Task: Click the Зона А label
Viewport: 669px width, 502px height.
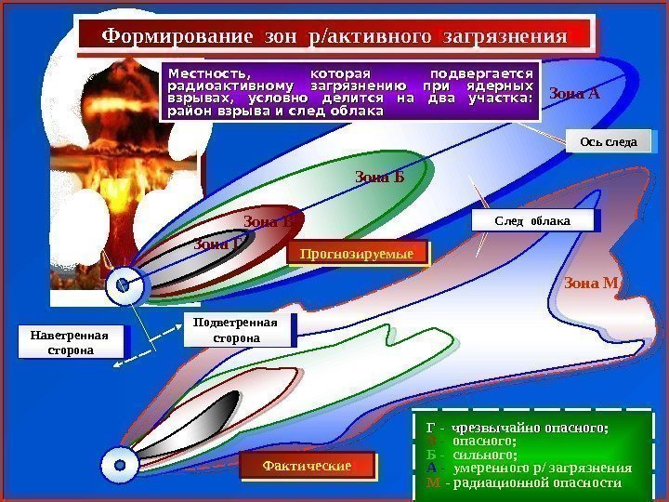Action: [575, 93]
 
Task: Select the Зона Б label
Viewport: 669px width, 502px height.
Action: [380, 177]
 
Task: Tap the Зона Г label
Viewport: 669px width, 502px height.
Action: [219, 244]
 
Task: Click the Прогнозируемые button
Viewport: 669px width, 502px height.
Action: [357, 253]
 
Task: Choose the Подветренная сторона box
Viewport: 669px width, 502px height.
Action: [238, 330]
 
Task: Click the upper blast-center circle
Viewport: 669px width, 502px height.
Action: [122, 288]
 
